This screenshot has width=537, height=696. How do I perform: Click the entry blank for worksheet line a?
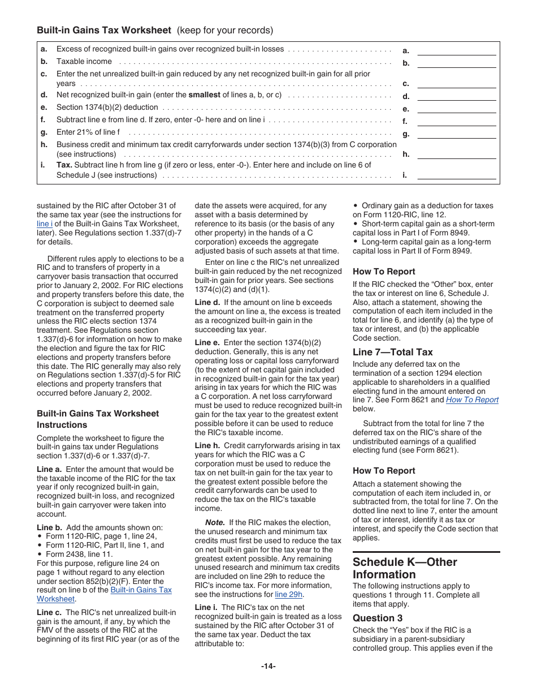[456, 50]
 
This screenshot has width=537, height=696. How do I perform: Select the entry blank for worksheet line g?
[456, 134]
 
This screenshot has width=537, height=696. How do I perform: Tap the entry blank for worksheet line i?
[456, 175]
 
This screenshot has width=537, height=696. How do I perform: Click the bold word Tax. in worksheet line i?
[64, 165]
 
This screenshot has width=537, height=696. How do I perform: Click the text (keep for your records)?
[225, 30]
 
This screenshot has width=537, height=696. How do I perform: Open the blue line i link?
[44, 224]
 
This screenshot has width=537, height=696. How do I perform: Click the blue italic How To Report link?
[472, 399]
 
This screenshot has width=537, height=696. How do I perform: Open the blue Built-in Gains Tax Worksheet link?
[141, 590]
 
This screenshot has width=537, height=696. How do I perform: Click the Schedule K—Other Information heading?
[405, 568]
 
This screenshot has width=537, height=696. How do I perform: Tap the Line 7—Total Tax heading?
[392, 352]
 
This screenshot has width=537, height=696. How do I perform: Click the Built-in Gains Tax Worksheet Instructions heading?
[98, 419]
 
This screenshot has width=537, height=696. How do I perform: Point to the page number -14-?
[268, 666]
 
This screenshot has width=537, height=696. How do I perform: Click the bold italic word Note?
[215, 522]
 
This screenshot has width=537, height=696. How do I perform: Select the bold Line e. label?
[207, 342]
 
